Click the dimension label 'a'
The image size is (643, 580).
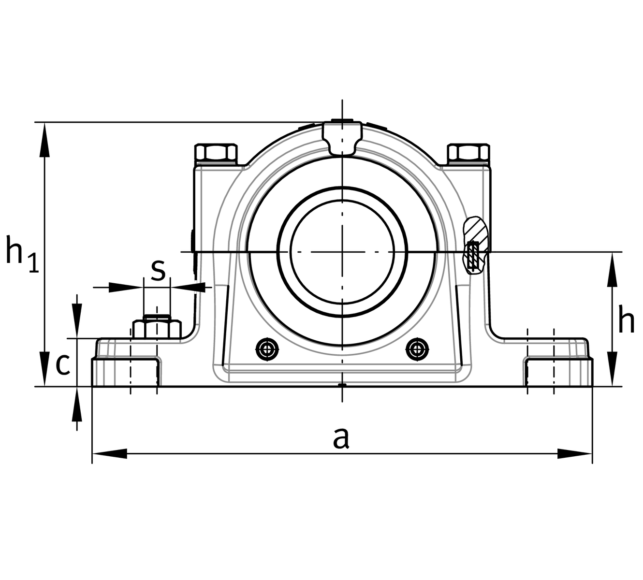tap(341, 438)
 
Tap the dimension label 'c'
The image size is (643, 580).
tap(63, 364)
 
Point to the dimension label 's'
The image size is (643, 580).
tap(158, 270)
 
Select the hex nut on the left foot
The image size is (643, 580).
tap(157, 329)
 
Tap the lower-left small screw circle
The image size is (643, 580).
tap(267, 348)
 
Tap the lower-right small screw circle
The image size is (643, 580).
tap(417, 348)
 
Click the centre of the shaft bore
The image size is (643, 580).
tap(342, 252)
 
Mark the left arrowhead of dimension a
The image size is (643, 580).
tap(109, 454)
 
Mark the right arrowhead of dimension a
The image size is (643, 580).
tap(575, 454)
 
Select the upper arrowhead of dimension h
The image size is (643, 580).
tap(613, 269)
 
